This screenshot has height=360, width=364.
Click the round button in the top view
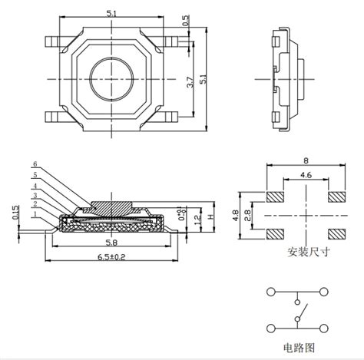(112, 78)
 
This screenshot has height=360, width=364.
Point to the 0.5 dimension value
(187, 21)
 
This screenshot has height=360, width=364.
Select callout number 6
(35, 164)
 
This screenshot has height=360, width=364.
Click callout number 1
(35, 214)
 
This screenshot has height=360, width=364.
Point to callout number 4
(35, 185)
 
